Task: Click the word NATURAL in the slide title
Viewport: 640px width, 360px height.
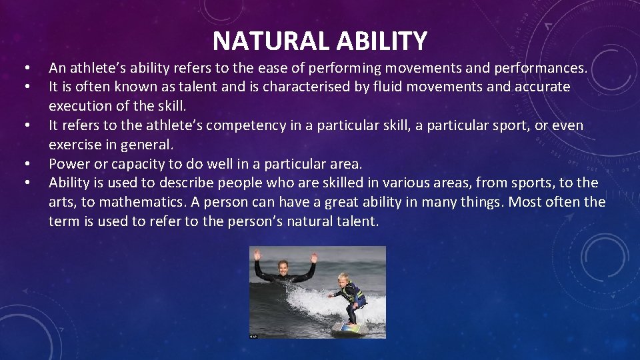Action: [271, 41]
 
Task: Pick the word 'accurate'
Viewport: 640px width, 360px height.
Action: [543, 87]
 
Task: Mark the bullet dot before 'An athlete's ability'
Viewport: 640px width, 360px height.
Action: [25, 69]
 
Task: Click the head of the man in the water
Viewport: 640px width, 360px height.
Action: [283, 266]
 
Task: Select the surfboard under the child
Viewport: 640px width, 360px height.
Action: [350, 327]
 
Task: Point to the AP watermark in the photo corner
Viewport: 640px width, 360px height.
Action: [254, 336]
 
